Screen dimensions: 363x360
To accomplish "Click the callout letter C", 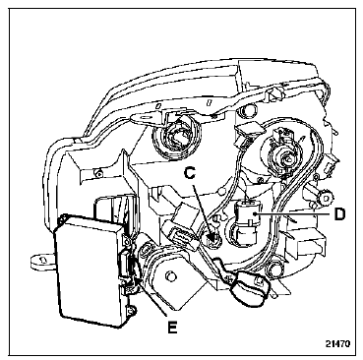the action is tap(191, 172).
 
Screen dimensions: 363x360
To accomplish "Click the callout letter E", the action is tap(172, 327).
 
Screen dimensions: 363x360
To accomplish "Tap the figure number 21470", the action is tap(337, 343).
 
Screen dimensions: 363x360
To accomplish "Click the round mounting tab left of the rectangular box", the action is tap(42, 262).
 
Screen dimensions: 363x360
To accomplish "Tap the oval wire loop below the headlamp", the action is tap(248, 288).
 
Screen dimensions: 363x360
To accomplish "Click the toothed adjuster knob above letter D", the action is tap(325, 198).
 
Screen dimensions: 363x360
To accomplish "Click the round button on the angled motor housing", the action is tap(169, 275).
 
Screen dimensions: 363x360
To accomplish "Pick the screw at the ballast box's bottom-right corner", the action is tap(131, 310).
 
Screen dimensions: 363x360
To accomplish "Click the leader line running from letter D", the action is tap(293, 213).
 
